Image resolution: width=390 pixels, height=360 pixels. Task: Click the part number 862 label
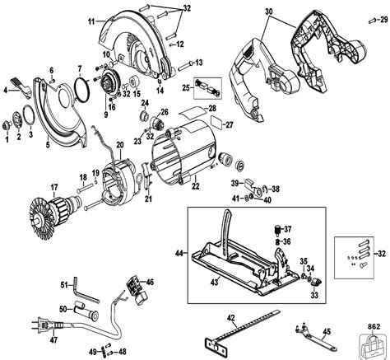374,326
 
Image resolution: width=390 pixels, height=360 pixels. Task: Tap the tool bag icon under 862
374,345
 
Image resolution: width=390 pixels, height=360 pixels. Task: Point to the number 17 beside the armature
54,188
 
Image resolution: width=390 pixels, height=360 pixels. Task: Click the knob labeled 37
278,230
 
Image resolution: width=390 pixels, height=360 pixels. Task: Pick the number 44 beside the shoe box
179,253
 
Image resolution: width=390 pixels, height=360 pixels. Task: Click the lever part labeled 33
316,282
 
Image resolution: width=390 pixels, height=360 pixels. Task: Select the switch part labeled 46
137,292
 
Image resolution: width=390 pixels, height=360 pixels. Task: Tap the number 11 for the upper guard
92,21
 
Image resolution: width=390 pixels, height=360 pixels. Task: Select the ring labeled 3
29,115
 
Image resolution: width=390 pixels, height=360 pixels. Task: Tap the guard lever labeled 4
21,87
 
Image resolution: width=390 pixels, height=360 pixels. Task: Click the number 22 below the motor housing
195,186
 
